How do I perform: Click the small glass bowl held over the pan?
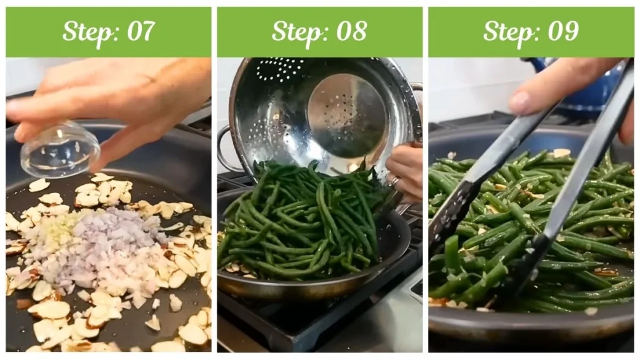click(59, 149)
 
